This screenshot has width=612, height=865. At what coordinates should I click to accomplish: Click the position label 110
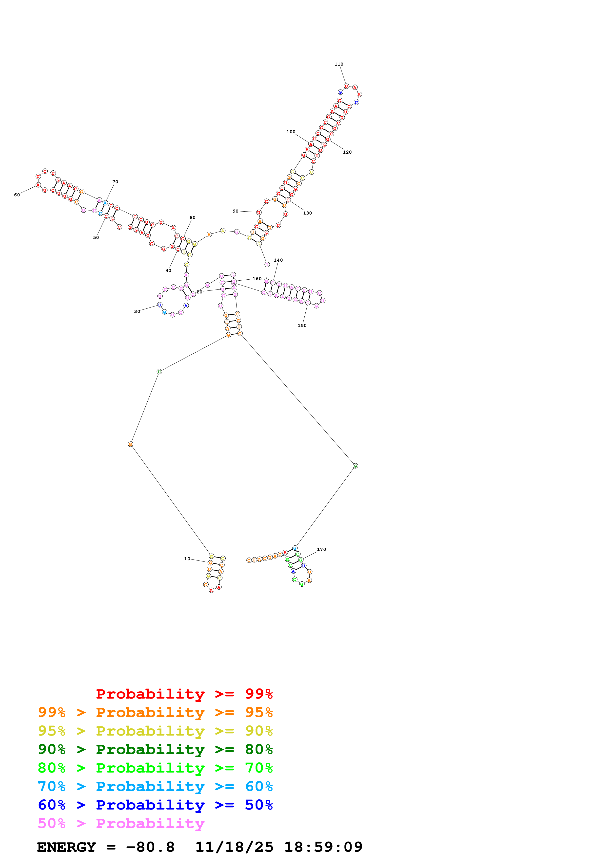[339, 64]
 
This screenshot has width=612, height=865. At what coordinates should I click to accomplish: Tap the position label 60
[17, 195]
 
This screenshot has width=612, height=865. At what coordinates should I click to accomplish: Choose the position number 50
[96, 238]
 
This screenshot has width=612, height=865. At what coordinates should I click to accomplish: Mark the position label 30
[137, 312]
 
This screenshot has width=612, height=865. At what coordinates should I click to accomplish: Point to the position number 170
[321, 550]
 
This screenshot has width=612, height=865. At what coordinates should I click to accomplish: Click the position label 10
[187, 559]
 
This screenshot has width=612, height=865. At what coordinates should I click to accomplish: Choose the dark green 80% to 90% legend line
[155, 749]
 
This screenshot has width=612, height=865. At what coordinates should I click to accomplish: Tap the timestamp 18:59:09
[323, 847]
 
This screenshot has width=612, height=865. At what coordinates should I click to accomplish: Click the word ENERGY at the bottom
[66, 847]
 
